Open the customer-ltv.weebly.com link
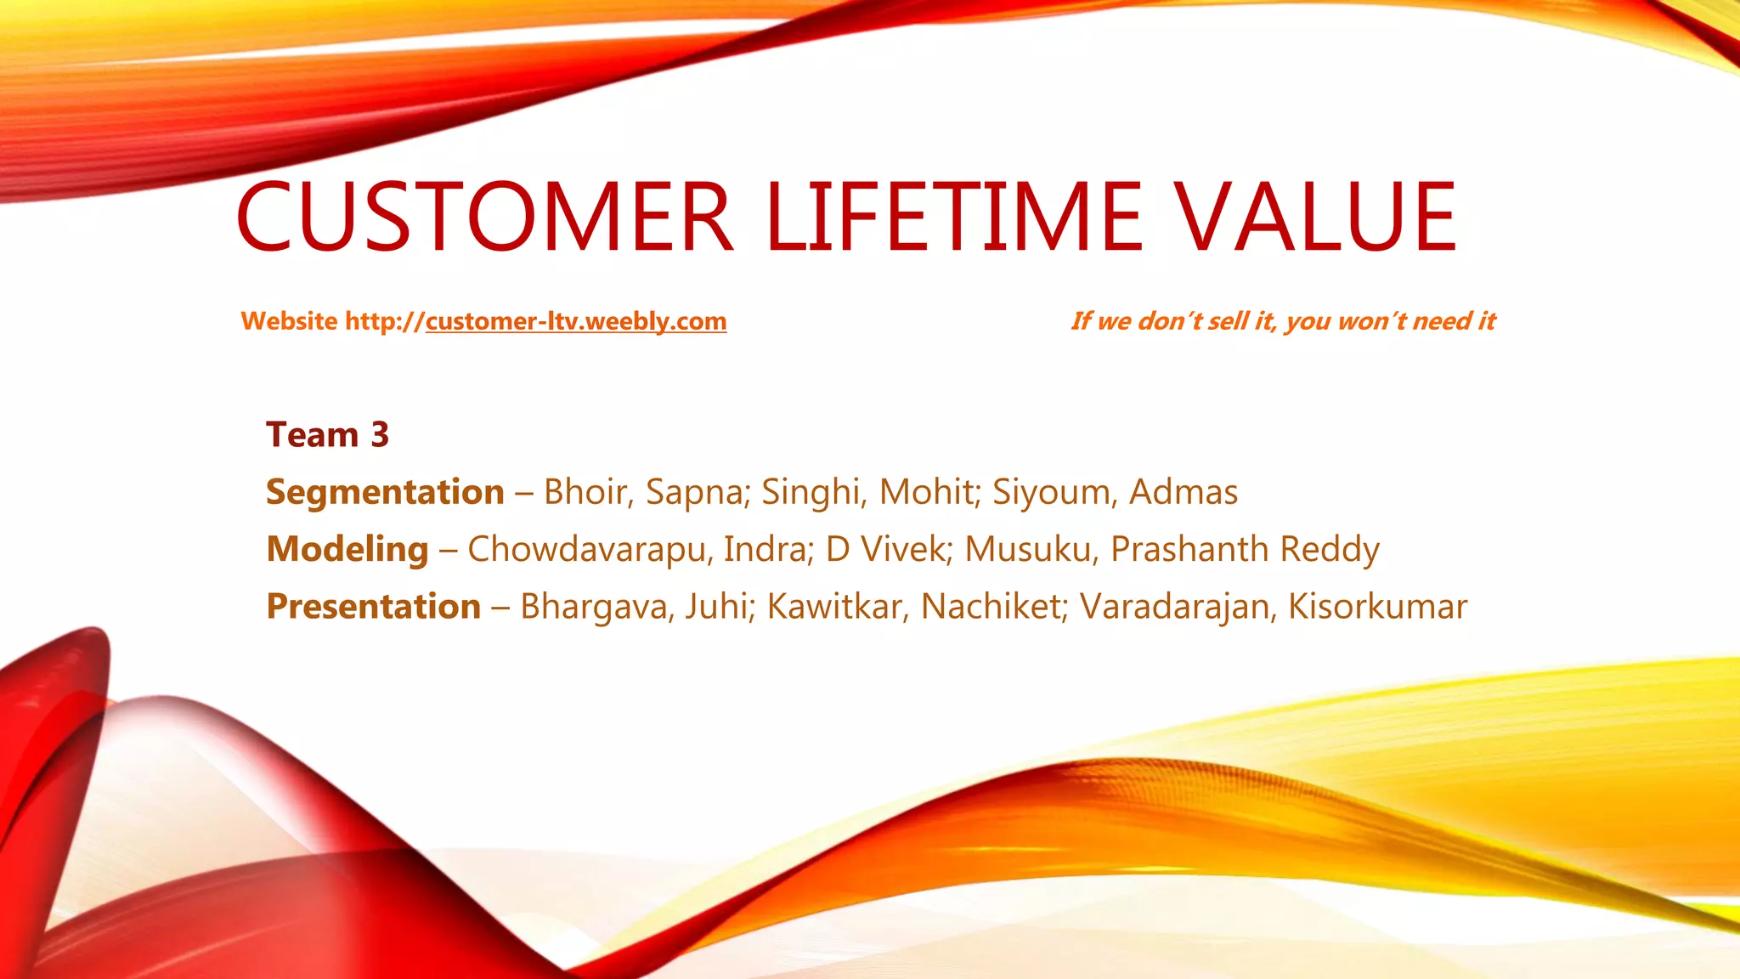click(576, 321)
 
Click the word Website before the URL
click(289, 321)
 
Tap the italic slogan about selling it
click(1283, 321)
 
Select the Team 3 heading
click(327, 435)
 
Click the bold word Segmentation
click(385, 492)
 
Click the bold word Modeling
click(347, 549)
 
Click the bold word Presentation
click(374, 607)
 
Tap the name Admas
click(1184, 492)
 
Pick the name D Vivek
click(886, 549)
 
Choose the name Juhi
click(720, 607)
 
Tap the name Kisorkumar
click(1377, 607)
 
